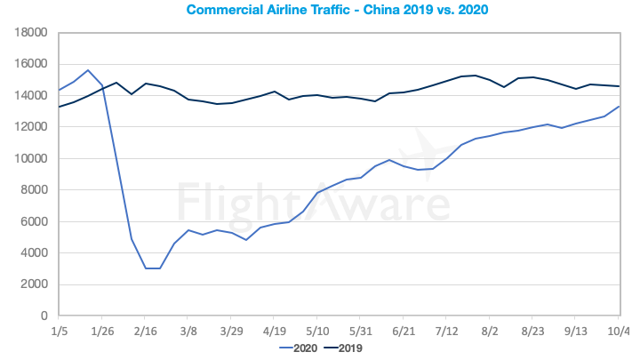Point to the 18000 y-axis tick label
pyautogui.click(x=31, y=32)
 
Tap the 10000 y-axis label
pyautogui.click(x=31, y=158)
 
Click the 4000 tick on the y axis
pyautogui.click(x=34, y=253)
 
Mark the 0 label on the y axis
pyautogui.click(x=44, y=316)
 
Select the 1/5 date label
pyautogui.click(x=59, y=331)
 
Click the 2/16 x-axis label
pyautogui.click(x=145, y=331)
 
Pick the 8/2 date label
pyautogui.click(x=489, y=331)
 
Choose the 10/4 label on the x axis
pyautogui.click(x=619, y=331)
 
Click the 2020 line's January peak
pyautogui.click(x=88, y=70)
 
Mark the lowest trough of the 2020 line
pyautogui.click(x=152, y=268)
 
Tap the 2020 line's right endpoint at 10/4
pyautogui.click(x=620, y=107)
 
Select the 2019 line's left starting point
pyautogui.click(x=59, y=107)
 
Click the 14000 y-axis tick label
pyautogui.click(x=31, y=95)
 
